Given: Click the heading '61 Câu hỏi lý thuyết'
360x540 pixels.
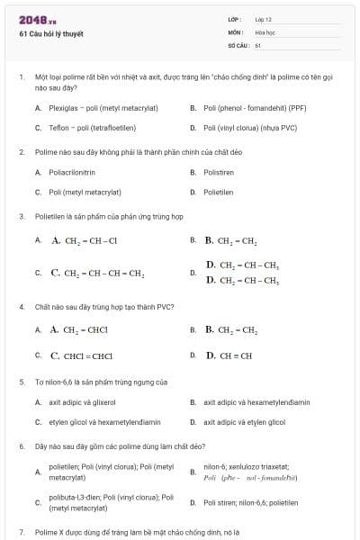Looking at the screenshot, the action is point(50,34).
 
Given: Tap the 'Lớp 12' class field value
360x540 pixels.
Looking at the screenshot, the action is point(263,19).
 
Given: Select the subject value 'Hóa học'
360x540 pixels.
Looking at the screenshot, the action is point(265,31).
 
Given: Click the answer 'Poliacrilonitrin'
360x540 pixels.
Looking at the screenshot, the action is point(72,172).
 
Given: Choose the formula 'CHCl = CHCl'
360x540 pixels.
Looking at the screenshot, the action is point(87,355).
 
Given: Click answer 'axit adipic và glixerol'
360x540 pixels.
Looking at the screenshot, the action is point(83,402).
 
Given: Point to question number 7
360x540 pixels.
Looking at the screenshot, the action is point(21,533).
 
